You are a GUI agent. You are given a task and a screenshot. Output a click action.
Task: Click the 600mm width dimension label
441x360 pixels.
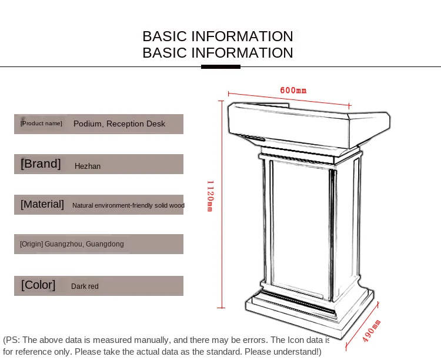click(x=293, y=91)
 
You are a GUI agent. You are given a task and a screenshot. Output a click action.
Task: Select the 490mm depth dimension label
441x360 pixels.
click(x=372, y=331)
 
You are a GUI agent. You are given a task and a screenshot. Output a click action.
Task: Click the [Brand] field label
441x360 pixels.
click(x=41, y=164)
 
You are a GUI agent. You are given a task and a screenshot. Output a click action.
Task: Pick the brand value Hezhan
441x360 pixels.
click(x=88, y=166)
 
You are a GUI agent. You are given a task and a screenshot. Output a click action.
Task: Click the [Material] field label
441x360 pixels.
click(x=42, y=204)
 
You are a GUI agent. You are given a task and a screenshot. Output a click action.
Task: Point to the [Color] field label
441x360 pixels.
click(x=38, y=285)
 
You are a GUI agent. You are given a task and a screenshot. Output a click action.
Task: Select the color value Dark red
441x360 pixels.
click(x=85, y=286)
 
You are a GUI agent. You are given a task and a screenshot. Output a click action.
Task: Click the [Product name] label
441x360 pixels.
click(x=41, y=124)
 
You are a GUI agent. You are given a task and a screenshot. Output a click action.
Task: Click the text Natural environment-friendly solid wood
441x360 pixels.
click(x=128, y=205)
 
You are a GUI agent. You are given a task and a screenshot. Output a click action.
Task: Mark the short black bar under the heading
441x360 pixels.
click(x=220, y=66)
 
